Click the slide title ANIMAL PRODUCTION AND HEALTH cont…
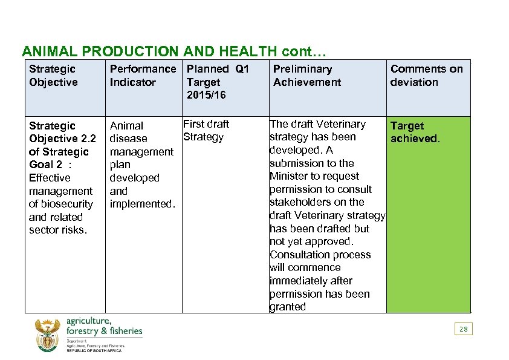[173, 51]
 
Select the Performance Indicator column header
[142, 76]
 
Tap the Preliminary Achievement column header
[306, 76]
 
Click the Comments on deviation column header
[426, 76]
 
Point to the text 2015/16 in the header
[206, 95]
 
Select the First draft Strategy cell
[206, 130]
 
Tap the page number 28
[463, 329]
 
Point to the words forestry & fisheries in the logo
[104, 330]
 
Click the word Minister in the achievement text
[293, 176]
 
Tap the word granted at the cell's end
[288, 307]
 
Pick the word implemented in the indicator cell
[142, 204]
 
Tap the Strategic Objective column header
[53, 76]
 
